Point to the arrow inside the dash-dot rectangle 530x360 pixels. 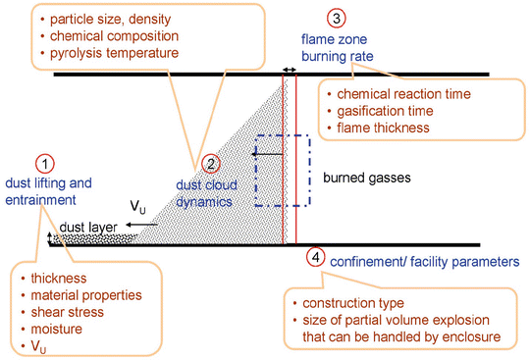263,153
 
